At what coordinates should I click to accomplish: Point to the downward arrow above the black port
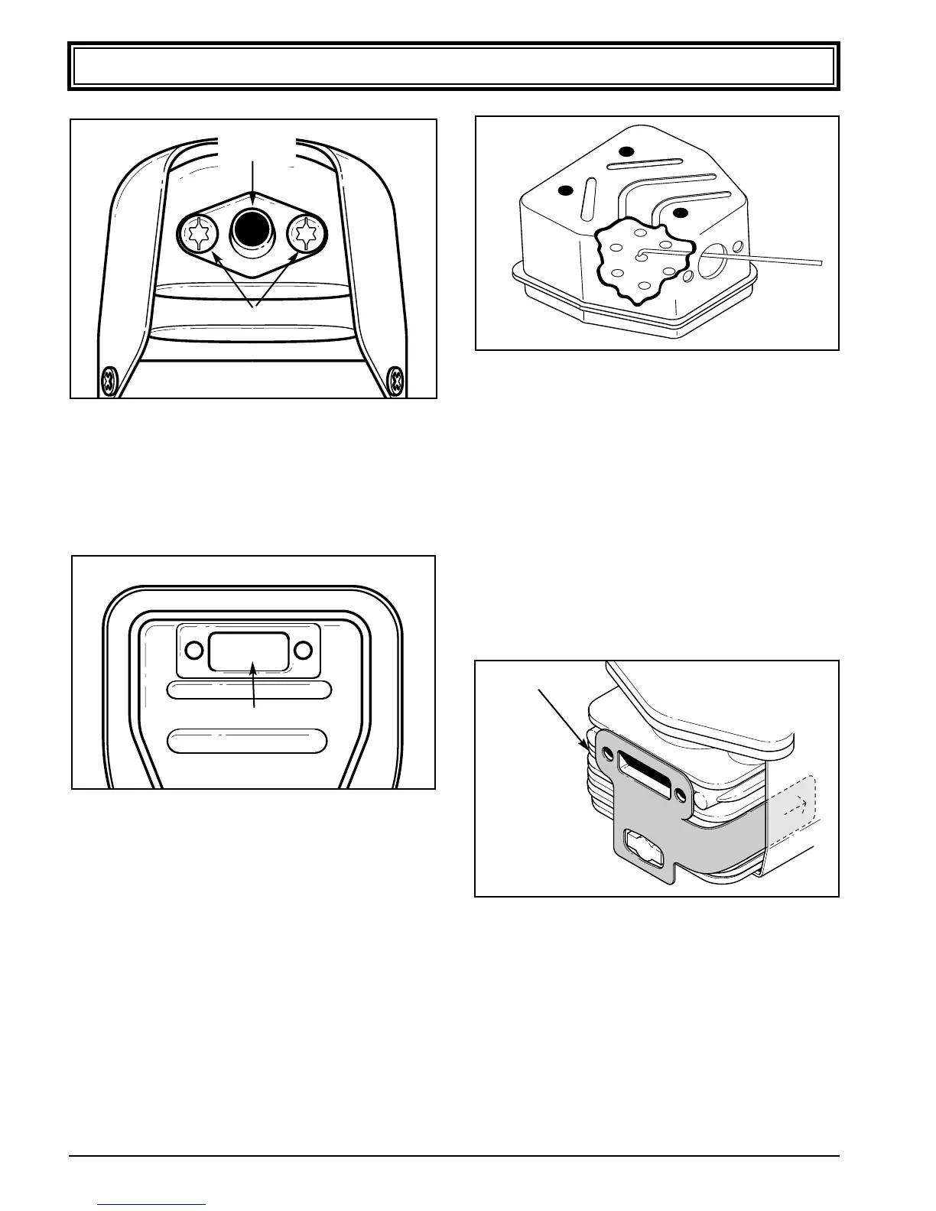click(252, 176)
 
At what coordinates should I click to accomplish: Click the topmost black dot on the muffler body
click(627, 151)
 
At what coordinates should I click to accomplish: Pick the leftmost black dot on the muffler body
click(566, 190)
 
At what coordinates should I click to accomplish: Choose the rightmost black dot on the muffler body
click(681, 212)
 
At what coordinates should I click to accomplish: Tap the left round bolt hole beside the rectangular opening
click(194, 651)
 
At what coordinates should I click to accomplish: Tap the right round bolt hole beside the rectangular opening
click(304, 651)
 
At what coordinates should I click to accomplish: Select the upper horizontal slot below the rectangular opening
click(249, 690)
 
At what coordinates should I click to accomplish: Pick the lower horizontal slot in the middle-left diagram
click(247, 741)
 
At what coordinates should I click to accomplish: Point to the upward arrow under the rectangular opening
click(254, 684)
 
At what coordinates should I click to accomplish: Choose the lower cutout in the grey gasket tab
click(642, 847)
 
